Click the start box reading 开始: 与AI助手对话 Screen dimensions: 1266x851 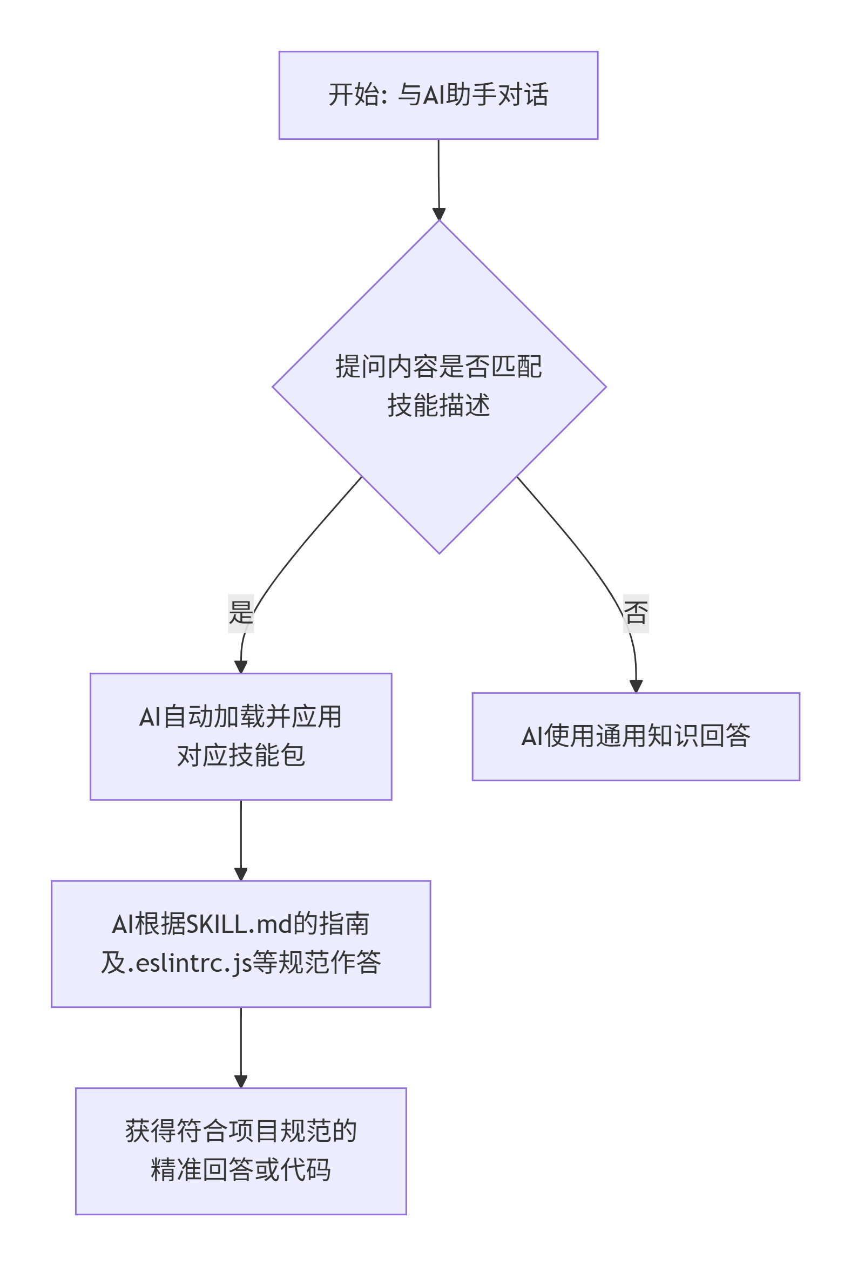point(438,95)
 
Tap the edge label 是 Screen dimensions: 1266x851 point(240,613)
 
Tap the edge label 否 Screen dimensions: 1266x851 point(636,613)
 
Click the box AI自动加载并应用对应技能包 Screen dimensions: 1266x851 point(240,736)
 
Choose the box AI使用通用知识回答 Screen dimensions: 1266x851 point(636,736)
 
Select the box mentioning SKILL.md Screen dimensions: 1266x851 point(240,943)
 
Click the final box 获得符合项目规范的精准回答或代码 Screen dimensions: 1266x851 point(240,1150)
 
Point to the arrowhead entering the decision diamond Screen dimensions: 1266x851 point(438,214)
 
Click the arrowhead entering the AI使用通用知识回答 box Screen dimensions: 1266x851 point(636,686)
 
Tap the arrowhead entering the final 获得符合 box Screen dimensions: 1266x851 point(240,1081)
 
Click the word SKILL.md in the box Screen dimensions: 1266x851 point(239,924)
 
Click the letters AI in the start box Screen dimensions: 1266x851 point(434,95)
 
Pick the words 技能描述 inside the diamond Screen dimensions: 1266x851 point(438,405)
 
